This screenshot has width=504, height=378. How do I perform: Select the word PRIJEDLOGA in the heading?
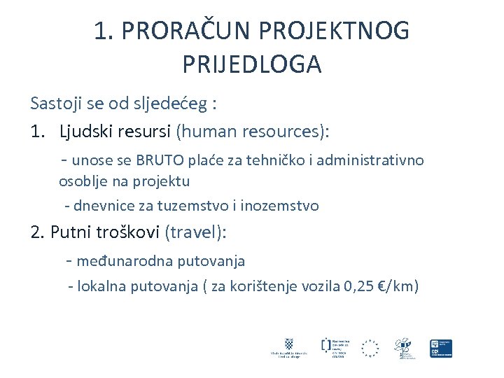click(x=251, y=64)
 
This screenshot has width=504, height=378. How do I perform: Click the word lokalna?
click(x=102, y=286)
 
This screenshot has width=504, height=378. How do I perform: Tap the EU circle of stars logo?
click(x=370, y=348)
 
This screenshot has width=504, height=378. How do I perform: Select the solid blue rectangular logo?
click(x=441, y=348)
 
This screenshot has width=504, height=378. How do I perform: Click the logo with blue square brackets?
click(x=325, y=344)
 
